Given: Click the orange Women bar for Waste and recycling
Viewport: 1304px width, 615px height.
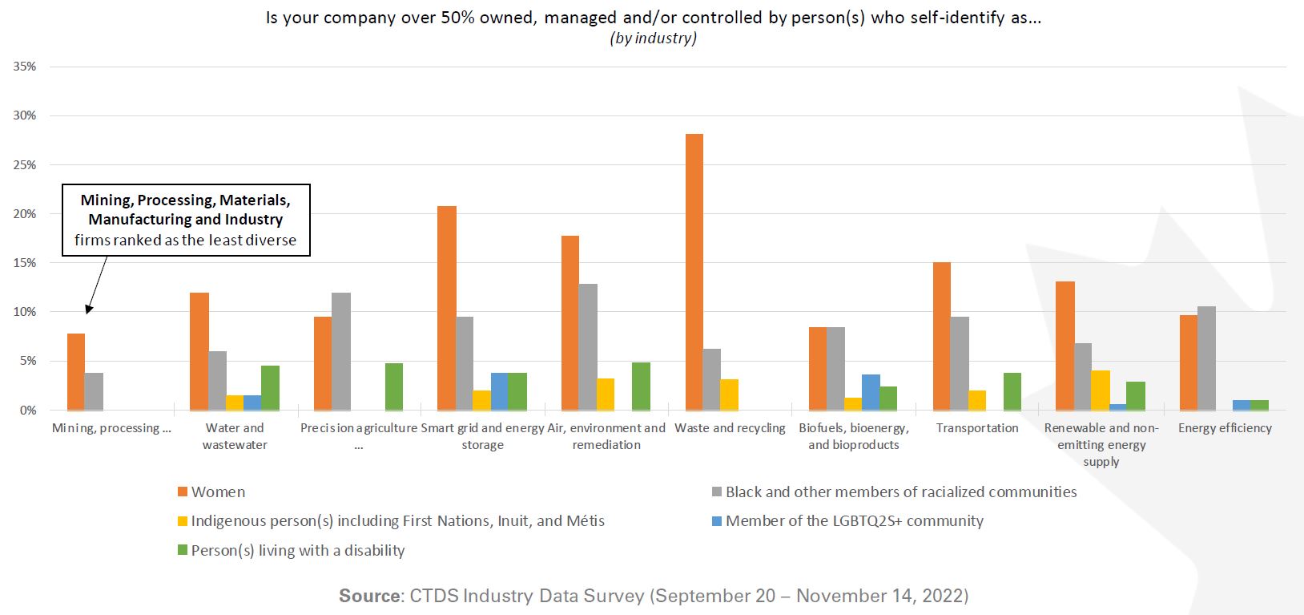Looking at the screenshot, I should [x=694, y=272].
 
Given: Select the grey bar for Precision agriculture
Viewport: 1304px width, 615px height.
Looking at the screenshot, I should [x=341, y=351].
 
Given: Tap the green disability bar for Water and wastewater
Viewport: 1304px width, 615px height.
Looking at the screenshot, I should [x=270, y=388].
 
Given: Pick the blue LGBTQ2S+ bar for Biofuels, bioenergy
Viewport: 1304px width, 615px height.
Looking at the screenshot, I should [x=871, y=392].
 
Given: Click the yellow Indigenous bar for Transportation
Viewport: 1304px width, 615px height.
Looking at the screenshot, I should [x=976, y=400].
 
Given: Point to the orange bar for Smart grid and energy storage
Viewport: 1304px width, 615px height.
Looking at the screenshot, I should [x=447, y=308].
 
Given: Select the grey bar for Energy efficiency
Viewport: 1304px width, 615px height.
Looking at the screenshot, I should [x=1207, y=358].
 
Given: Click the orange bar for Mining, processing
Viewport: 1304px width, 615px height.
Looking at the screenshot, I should [x=76, y=372].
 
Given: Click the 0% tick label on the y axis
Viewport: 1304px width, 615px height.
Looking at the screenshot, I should [x=28, y=411].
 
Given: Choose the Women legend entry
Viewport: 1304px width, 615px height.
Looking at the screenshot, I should [x=218, y=492].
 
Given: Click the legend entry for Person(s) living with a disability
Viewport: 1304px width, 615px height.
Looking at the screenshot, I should [x=297, y=551].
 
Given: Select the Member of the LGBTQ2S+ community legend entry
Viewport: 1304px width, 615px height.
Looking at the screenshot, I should [x=854, y=521].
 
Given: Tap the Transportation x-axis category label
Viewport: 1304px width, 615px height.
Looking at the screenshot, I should [x=977, y=428].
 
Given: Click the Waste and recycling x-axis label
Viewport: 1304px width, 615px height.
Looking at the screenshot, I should [x=730, y=428].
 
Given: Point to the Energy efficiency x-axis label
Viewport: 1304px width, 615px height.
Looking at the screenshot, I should [x=1225, y=428].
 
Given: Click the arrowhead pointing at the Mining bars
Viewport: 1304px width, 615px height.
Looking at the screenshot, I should [x=89, y=308].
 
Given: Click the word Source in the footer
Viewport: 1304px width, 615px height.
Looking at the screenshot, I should [x=368, y=596].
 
